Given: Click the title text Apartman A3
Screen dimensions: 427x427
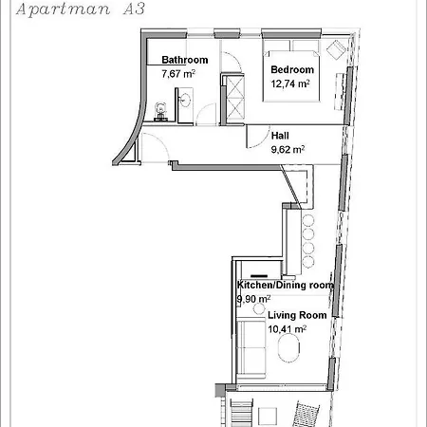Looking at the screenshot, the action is pos(81,9).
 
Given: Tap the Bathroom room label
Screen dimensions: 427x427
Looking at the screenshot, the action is pos(185,60).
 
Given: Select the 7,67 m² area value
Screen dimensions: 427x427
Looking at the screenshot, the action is pos(178,74).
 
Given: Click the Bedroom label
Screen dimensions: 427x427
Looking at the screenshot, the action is pos(292,69).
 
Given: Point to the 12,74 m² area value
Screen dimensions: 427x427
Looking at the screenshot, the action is pos(290,84).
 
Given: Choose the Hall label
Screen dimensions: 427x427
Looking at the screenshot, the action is pos(280,136).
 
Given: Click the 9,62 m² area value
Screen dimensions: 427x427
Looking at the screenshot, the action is pos(288,149).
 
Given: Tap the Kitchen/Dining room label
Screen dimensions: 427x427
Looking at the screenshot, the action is pos(286,285).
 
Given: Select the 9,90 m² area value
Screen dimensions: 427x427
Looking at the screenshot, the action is pos(253,299).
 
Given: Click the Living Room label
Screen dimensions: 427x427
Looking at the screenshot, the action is pos(297,315).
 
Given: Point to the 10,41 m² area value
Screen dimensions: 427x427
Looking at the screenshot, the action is pos(287,329).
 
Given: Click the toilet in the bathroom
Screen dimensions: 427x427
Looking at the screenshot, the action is pos(161,112).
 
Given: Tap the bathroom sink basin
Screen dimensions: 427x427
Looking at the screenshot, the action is pos(185,100).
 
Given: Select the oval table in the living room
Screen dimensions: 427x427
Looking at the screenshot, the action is pos(288,347).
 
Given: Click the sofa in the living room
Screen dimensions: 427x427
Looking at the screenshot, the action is pos(251,349).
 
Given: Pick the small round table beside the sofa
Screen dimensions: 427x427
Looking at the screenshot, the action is pos(259,308).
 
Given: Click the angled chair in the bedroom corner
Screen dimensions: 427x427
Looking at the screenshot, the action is pos(336,49).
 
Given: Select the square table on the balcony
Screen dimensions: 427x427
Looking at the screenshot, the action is pos(268,417).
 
